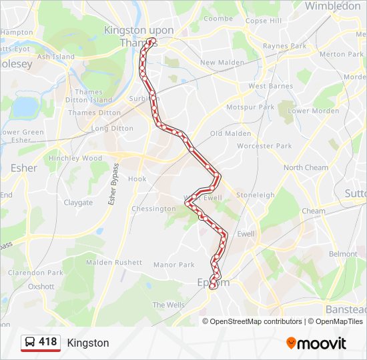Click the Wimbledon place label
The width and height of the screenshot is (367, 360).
[x=332, y=6]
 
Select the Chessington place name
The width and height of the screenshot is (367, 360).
[x=153, y=209]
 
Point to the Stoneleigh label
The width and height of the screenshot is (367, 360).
[x=255, y=195]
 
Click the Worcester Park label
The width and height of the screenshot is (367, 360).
[x=264, y=146]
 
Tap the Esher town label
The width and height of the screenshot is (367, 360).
[x=23, y=168]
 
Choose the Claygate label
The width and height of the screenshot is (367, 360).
[x=78, y=203]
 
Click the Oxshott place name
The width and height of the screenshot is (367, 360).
[x=41, y=287]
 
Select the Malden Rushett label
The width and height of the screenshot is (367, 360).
[x=114, y=263]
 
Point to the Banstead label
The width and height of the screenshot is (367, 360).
[x=346, y=309]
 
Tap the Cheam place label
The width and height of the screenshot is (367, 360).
[x=314, y=211]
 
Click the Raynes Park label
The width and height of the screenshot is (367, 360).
[x=284, y=46]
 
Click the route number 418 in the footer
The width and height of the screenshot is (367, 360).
[x=48, y=342]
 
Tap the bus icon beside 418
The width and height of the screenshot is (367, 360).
[x=30, y=343]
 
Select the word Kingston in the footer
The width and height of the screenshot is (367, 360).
[x=88, y=343]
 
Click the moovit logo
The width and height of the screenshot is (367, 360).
[x=316, y=343]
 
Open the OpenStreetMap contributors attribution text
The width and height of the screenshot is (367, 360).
[x=256, y=321]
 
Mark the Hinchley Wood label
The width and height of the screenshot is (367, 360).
[x=75, y=159]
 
